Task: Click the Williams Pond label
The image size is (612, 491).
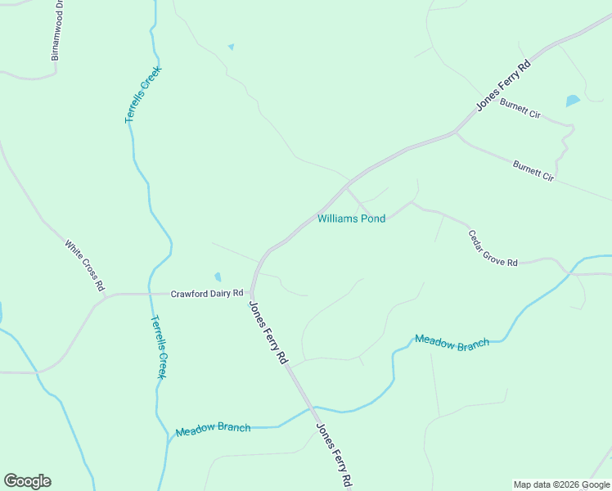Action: (x=351, y=218)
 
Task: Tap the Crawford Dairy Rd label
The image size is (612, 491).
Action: (x=207, y=293)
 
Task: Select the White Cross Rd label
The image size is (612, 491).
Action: (x=85, y=265)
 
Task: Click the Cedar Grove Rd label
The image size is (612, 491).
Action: (x=493, y=247)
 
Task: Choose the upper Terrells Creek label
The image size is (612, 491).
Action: (x=143, y=94)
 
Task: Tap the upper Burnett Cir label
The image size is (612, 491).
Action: (x=520, y=109)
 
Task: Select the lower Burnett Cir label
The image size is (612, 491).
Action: (x=533, y=171)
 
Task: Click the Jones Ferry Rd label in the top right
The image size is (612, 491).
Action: (x=504, y=84)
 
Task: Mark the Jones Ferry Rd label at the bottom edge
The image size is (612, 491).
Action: (x=335, y=454)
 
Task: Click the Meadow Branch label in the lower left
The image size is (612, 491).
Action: (x=213, y=429)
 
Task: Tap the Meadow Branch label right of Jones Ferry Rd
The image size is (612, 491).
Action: (x=452, y=340)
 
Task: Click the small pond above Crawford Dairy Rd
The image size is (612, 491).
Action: (x=217, y=277)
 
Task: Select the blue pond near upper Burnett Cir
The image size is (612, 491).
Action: (x=573, y=101)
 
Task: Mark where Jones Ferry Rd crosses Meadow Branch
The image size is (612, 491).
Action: (x=310, y=407)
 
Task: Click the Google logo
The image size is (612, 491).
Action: (x=27, y=481)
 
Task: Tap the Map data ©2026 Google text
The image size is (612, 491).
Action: (x=561, y=484)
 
